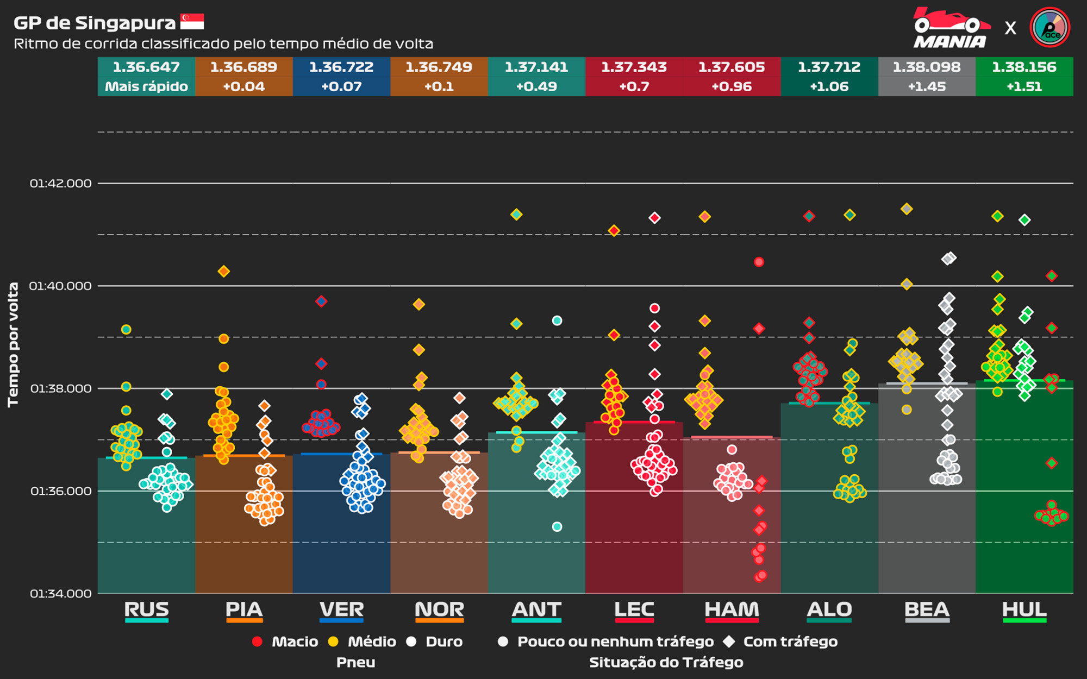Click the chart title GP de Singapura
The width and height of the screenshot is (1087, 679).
point(95,23)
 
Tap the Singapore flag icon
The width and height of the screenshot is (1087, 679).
point(192,22)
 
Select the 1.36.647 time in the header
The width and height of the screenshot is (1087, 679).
point(146,67)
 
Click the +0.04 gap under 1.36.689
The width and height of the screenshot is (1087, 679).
point(243,86)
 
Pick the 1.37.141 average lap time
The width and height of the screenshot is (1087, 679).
point(536,67)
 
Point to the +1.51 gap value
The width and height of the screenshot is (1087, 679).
point(1024,86)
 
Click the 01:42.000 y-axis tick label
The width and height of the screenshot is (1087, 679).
point(61,184)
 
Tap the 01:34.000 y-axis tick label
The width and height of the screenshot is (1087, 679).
point(61,594)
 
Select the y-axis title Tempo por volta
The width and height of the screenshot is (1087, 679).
point(13,344)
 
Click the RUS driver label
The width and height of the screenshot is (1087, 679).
point(146,609)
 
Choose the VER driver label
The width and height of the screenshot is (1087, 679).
point(341,609)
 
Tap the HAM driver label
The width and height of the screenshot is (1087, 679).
point(732,609)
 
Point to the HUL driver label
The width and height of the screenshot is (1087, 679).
point(1024,609)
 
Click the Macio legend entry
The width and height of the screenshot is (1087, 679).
point(294,642)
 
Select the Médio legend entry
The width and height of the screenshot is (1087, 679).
point(371,642)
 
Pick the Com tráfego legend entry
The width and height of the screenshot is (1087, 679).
point(790,642)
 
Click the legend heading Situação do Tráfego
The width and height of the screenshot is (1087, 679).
point(666,662)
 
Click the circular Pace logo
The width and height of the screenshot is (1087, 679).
point(1049,27)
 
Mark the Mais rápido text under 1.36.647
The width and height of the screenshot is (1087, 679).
point(146,86)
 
